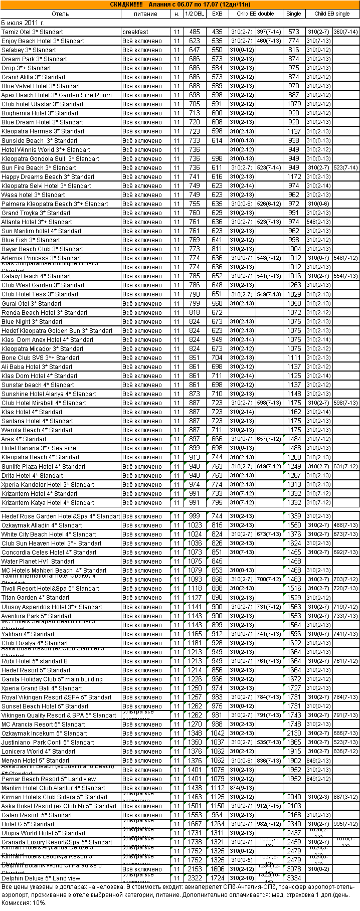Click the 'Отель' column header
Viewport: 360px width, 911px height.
60,14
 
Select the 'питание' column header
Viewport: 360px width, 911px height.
145,14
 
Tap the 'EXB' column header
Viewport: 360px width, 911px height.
217,14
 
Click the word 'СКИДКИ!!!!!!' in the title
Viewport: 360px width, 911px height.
126,5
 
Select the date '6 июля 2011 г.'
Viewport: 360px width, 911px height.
23,23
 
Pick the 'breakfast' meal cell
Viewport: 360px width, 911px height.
135,32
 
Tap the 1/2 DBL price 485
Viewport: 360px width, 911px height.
195,32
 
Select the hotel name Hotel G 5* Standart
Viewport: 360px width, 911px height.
28,824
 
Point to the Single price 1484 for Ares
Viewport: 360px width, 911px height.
294,439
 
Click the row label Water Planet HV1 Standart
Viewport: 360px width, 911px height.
38,562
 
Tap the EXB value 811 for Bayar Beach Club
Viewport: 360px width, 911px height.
217,249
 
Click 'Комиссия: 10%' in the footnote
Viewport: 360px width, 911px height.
24,903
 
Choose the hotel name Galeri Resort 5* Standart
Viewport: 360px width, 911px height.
37,815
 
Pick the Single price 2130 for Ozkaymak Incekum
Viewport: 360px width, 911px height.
294,734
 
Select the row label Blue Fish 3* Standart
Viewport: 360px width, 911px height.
31,240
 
